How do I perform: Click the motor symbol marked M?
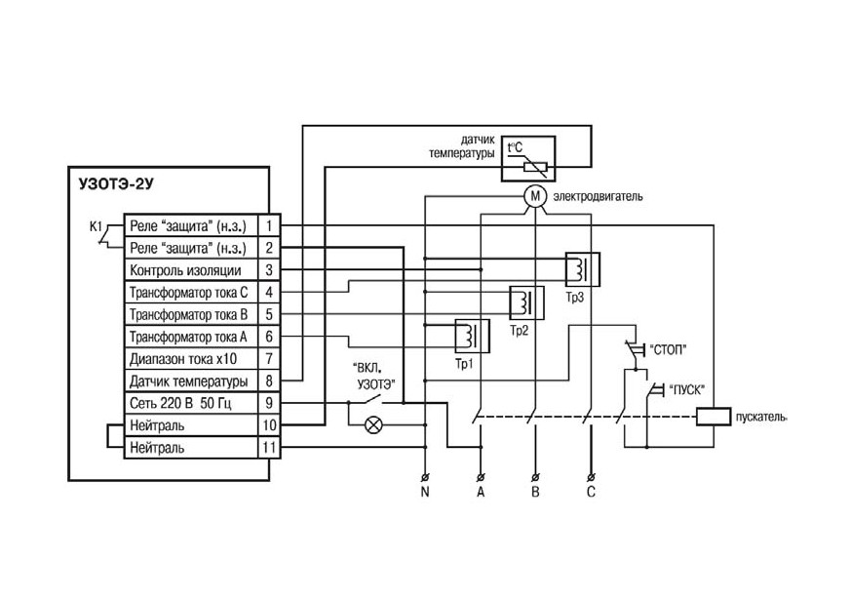(535, 196)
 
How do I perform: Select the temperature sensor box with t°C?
(528, 158)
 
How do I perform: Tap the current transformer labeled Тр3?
(582, 269)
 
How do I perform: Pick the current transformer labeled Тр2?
(526, 302)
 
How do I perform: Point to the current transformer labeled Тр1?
(472, 337)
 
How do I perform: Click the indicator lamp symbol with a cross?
(373, 424)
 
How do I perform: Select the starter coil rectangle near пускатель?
(714, 417)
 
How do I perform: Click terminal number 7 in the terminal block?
(269, 359)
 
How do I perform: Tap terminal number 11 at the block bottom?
(269, 448)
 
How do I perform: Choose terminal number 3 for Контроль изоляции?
(269, 270)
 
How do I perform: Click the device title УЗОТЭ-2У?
(116, 184)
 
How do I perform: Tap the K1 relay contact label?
(96, 226)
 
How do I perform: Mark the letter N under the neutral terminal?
(425, 492)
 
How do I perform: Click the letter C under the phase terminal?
(591, 492)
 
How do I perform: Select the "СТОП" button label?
(668, 350)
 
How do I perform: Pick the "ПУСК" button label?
(686, 389)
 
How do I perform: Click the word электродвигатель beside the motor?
(598, 196)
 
